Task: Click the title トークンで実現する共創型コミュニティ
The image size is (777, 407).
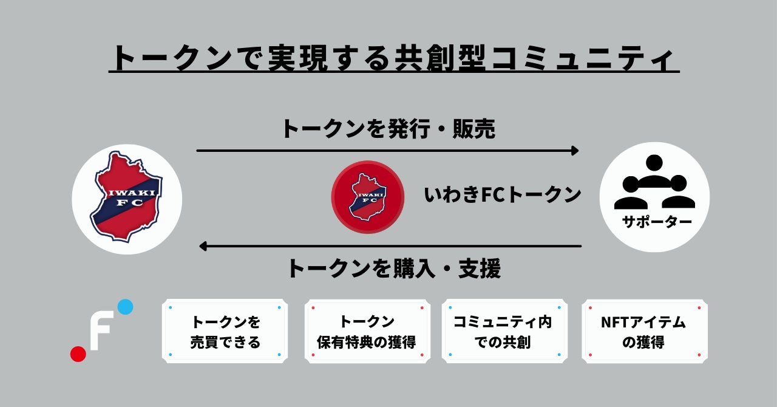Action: click(393, 59)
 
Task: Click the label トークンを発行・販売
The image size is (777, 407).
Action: click(387, 129)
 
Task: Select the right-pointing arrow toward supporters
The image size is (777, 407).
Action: click(387, 151)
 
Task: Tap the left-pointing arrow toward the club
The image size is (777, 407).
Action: click(390, 246)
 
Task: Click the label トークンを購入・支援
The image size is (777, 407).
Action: click(393, 268)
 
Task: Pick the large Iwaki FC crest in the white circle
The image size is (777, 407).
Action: click(126, 198)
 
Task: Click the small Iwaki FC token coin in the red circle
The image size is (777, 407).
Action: click(367, 196)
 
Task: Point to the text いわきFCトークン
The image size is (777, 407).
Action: click(503, 195)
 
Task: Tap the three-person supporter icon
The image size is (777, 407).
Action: click(654, 182)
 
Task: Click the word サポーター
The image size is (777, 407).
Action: click(657, 222)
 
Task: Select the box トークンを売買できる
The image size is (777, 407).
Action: click(225, 331)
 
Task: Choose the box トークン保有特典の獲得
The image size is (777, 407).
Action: click(367, 331)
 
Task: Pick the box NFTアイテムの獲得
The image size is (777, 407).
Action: click(644, 331)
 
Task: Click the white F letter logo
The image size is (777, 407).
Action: click(100, 331)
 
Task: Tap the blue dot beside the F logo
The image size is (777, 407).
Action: click(125, 307)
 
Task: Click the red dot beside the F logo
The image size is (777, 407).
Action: click(78, 354)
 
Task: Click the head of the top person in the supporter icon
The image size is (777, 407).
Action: click(654, 163)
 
